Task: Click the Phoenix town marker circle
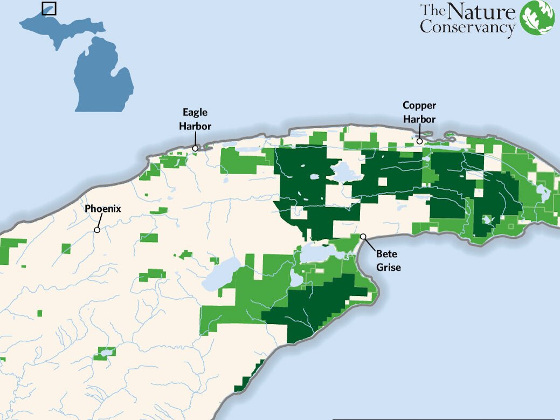tap(97, 230)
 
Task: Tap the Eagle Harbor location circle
tap(196, 147)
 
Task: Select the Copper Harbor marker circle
tap(420, 141)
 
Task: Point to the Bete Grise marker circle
tap(363, 236)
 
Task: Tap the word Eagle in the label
tap(195, 113)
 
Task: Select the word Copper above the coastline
tap(419, 106)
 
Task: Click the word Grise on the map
tap(389, 266)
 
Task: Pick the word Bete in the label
tap(386, 253)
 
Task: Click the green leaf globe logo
tap(537, 18)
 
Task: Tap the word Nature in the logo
tap(481, 12)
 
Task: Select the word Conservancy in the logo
tap(467, 26)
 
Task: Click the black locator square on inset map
tap(49, 8)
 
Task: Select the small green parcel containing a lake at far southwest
tap(103, 354)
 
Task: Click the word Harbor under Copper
tap(419, 118)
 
